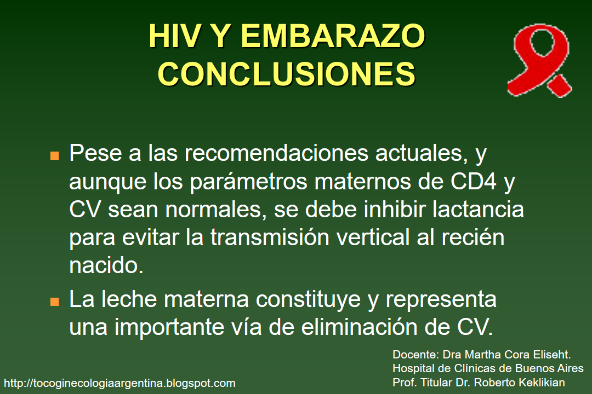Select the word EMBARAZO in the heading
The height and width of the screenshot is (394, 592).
(x=333, y=37)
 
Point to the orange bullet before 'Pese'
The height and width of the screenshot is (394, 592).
(x=54, y=155)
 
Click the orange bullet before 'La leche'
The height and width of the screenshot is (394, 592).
(x=54, y=302)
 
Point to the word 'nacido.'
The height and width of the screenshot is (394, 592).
(x=106, y=266)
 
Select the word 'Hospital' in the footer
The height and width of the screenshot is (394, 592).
(x=412, y=368)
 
